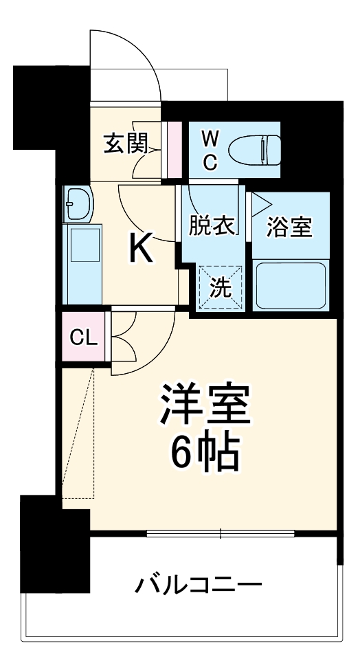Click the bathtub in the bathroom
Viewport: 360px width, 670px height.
point(290,284)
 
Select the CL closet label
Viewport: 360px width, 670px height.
point(84,337)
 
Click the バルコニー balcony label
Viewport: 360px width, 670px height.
point(198,585)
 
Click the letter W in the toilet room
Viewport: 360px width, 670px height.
point(210,138)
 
